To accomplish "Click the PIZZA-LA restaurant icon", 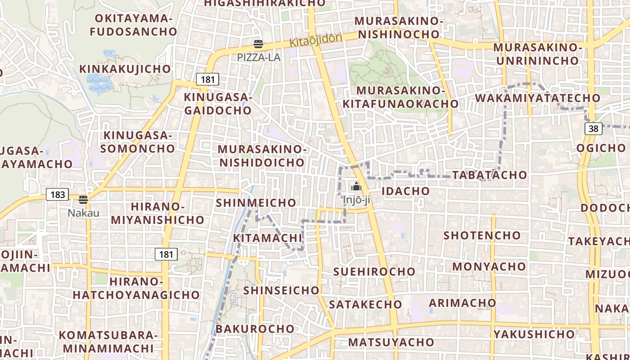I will (258, 44).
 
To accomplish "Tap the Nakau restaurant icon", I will (83, 200).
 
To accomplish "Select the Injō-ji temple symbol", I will (356, 186).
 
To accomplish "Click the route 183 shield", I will (58, 195).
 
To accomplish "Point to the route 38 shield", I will (594, 129).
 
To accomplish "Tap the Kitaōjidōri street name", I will (316, 40).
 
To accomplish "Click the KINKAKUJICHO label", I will (125, 69).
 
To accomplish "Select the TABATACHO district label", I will (489, 175).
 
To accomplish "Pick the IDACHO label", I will (405, 191).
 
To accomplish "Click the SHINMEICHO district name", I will (256, 202).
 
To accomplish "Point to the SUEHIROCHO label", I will (374, 271).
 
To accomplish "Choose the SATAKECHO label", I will (365, 304).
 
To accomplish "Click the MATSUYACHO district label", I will (391, 342).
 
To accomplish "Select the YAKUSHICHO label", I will (534, 334).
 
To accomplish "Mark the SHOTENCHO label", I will (482, 235).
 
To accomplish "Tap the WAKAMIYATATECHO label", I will (537, 98).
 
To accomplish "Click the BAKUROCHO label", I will (255, 328).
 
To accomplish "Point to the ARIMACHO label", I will (462, 302).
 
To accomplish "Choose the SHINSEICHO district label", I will (281, 290).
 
